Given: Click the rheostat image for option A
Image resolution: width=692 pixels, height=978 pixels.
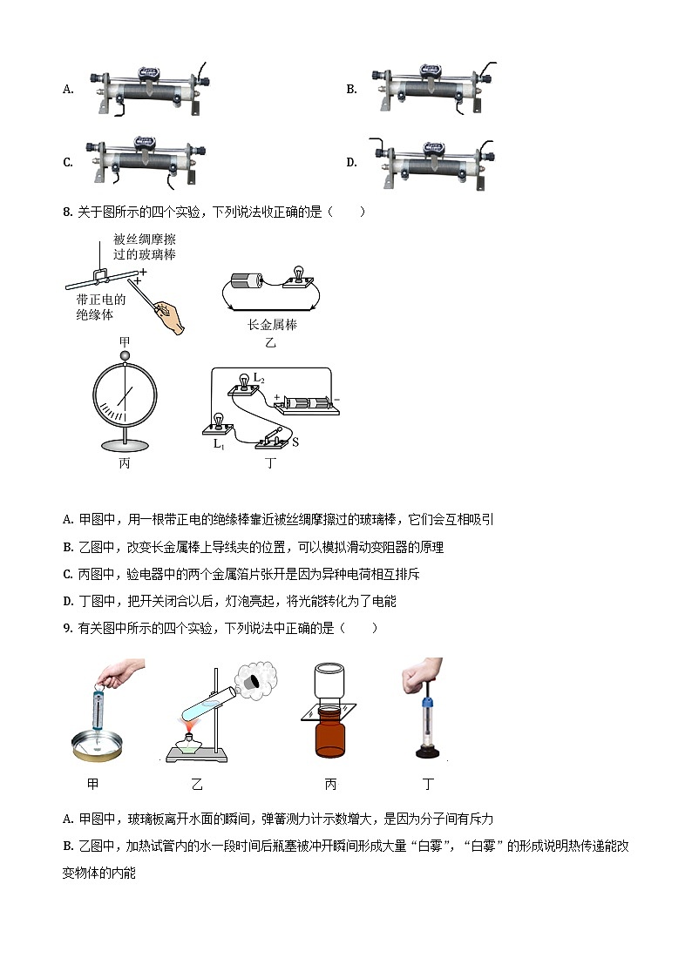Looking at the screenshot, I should (x=150, y=90).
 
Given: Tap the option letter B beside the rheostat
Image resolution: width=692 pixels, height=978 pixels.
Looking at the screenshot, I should (x=351, y=89).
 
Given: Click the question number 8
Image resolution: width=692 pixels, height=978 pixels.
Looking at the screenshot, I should (x=67, y=212).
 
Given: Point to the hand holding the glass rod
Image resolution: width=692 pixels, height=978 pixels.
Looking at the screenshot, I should (x=173, y=318).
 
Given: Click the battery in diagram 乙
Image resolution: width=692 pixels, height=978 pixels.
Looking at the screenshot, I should (x=247, y=281).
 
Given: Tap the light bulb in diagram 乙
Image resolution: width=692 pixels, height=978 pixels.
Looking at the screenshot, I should (x=297, y=277).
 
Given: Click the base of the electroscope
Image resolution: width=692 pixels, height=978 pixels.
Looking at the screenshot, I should (x=125, y=445).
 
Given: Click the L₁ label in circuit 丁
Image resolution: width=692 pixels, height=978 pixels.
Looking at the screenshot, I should (x=219, y=443).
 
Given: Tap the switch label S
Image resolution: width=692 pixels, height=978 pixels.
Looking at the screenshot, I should (x=295, y=442).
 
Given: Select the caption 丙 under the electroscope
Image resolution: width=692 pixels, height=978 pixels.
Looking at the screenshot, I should (x=125, y=463).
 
